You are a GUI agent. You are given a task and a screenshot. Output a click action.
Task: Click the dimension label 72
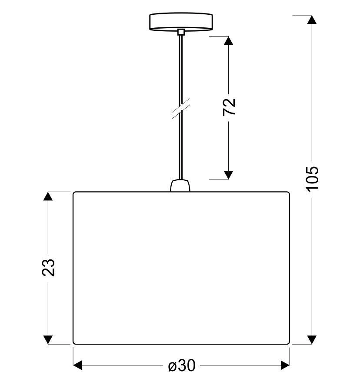point(229,107)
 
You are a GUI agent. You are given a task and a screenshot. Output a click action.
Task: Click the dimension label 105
point(312,179)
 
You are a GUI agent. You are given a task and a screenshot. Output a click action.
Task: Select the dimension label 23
point(48,267)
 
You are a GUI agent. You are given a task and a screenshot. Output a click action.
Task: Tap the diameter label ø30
point(182,365)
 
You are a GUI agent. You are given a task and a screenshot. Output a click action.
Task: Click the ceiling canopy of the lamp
point(181,22)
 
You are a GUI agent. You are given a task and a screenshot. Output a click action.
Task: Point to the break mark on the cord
point(181,109)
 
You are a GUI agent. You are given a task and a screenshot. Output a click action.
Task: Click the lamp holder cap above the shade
point(180,186)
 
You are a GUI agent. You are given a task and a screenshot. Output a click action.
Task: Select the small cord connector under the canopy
point(181,32)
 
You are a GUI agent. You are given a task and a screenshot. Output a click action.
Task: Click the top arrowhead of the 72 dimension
point(229,40)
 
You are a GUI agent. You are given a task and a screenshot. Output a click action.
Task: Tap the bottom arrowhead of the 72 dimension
point(229,175)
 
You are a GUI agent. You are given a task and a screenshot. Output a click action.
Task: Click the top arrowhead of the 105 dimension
point(312,20)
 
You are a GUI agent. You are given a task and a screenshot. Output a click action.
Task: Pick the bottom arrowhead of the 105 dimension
point(312,340)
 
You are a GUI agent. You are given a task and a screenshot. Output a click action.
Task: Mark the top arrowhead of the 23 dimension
point(48,196)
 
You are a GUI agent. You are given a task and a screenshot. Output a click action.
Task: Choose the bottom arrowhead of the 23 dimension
point(48,340)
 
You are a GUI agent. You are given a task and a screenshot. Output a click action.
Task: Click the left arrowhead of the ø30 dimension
point(77,365)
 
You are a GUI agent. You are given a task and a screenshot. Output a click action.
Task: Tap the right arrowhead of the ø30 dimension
point(285,365)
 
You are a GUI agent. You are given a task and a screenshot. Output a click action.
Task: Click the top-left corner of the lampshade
point(73,192)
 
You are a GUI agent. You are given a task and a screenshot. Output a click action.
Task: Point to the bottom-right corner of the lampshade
point(289,344)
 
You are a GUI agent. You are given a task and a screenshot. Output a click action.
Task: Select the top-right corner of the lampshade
point(289,192)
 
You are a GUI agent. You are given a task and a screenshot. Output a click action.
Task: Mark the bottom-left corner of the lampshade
point(73,344)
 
